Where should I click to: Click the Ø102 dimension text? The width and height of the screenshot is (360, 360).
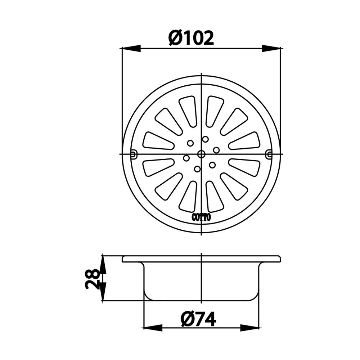191,38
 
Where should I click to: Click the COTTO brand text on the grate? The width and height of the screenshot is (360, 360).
201,217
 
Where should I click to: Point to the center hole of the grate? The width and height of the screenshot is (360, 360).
201,154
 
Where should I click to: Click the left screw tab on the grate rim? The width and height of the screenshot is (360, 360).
133,154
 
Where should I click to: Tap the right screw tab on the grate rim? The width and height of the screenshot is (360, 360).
269,154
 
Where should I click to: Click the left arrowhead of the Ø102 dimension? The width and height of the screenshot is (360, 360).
131,49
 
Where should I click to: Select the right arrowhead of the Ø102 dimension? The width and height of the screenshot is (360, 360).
271,49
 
